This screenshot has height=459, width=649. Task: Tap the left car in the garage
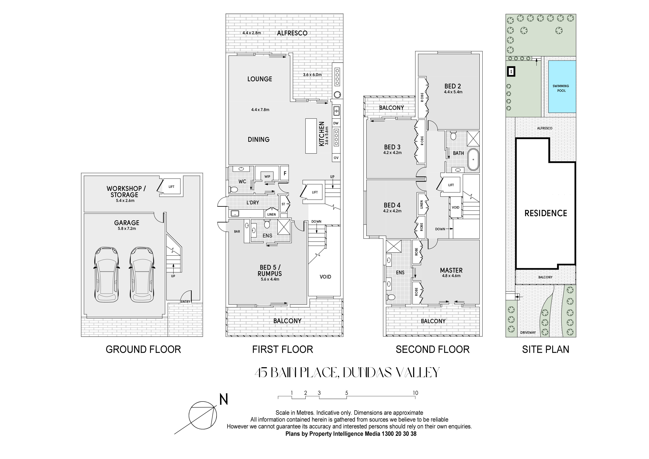[x=106, y=274]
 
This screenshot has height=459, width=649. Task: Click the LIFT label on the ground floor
[x=171, y=187]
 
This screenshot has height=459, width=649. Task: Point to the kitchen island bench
[x=311, y=136]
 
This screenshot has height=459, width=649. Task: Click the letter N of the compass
[x=224, y=400]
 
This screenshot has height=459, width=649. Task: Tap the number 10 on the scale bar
[x=415, y=393]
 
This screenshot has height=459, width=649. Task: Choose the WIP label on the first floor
[x=267, y=176]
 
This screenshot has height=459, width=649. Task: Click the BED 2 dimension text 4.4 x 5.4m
[x=453, y=92]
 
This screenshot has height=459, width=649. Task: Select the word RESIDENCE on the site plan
[x=546, y=213]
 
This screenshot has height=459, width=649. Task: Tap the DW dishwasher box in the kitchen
[x=336, y=123]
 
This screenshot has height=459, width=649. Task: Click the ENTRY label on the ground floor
[x=185, y=301]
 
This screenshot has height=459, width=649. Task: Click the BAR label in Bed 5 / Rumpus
[x=237, y=232]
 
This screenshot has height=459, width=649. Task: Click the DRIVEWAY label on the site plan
[x=528, y=333]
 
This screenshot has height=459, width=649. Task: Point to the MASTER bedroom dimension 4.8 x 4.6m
[x=451, y=276]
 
